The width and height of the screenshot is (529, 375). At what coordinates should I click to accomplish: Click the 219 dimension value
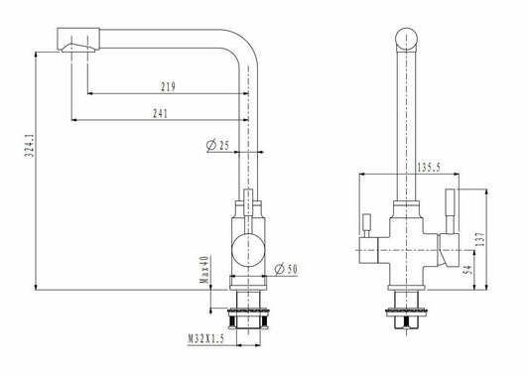[x=168, y=86]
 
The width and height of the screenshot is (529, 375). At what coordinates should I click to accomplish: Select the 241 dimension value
[x=160, y=113]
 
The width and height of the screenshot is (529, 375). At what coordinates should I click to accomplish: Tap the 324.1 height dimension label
[x=30, y=146]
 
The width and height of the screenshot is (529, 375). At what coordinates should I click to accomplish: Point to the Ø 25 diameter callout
[x=217, y=146]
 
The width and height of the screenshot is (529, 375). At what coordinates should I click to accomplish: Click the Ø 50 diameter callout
[x=286, y=269]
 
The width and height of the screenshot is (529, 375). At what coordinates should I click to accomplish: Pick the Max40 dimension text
[x=204, y=270]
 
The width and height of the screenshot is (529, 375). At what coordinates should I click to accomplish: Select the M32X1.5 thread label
[x=205, y=339]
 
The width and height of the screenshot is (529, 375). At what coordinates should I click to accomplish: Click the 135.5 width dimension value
[x=429, y=168]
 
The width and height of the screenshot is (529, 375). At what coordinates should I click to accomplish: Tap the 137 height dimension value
[x=480, y=239]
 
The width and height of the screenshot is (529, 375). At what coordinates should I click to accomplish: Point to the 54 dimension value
[x=468, y=270]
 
